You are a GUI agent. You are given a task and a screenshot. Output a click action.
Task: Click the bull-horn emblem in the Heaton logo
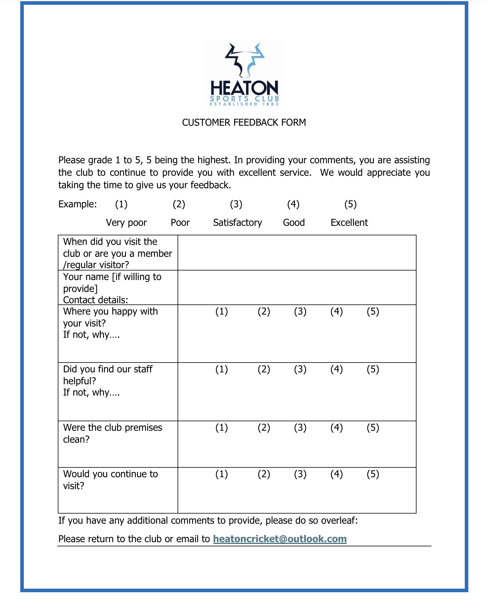pyautogui.click(x=245, y=60)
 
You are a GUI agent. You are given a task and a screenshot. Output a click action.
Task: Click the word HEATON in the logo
pyautogui.click(x=244, y=88)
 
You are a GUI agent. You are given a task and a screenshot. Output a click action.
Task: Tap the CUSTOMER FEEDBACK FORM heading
pyautogui.click(x=244, y=122)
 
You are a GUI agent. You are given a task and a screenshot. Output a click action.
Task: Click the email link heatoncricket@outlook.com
pyautogui.click(x=280, y=539)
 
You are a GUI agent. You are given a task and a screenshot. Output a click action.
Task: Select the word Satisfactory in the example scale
pyautogui.click(x=237, y=223)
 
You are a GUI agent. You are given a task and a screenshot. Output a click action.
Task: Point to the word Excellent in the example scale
pyautogui.click(x=349, y=223)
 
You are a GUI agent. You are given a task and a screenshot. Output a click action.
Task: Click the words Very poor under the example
pyautogui.click(x=126, y=223)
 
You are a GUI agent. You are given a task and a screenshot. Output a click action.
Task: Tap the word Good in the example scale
pyautogui.click(x=294, y=223)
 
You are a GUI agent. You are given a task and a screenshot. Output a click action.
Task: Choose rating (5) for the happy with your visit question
pyautogui.click(x=373, y=311)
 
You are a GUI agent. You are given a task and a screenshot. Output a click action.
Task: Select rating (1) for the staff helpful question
pyautogui.click(x=221, y=369)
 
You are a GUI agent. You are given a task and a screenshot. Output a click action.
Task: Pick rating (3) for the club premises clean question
pyautogui.click(x=300, y=427)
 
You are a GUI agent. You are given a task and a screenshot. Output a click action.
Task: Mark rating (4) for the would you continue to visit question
pyautogui.click(x=336, y=474)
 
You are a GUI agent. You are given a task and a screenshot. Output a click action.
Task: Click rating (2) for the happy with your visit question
pyautogui.click(x=264, y=311)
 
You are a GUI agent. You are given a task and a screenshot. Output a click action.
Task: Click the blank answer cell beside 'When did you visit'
pyautogui.click(x=297, y=253)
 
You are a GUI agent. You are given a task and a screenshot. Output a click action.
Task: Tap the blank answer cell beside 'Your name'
pyautogui.click(x=297, y=287)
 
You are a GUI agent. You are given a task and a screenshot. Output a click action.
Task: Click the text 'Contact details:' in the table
pyautogui.click(x=95, y=300)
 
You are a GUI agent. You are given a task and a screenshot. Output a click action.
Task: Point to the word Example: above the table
pyautogui.click(x=77, y=204)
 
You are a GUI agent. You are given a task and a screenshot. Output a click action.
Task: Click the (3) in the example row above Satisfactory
pyautogui.click(x=236, y=204)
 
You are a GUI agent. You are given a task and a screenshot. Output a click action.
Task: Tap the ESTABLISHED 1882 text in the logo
pyautogui.click(x=244, y=104)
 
